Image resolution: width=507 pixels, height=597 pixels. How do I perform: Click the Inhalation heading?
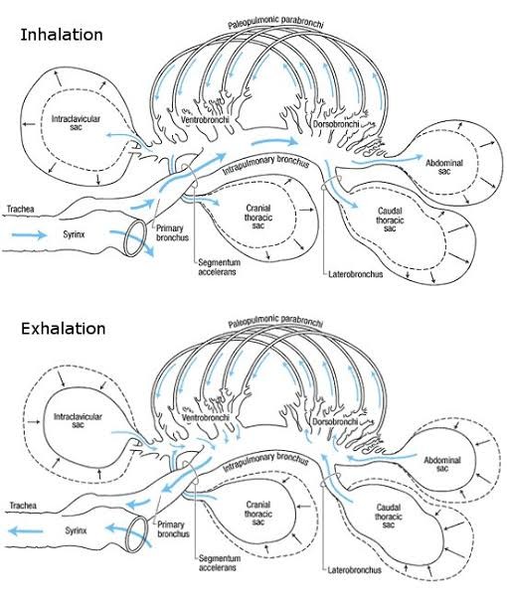coord(62,35)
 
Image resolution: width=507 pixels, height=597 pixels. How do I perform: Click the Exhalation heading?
coord(63,328)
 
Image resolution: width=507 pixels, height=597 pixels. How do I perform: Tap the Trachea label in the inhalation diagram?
coord(21,209)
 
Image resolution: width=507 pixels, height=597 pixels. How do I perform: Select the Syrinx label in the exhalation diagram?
coord(76,530)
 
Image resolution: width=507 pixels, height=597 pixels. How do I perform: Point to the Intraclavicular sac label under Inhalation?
coord(76,122)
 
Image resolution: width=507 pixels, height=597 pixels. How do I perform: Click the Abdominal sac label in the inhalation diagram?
coord(444,167)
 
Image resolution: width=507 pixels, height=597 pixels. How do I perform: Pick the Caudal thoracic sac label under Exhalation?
coord(389,516)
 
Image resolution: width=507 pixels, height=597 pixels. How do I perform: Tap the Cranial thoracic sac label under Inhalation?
coord(258,217)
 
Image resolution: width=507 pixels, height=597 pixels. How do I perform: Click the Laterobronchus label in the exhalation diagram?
coord(354,570)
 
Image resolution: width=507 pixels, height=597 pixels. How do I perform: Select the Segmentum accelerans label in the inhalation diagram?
coord(219,267)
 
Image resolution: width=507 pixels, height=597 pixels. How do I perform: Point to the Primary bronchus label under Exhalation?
coord(173,528)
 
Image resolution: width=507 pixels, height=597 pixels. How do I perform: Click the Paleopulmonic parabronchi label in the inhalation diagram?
coord(275,22)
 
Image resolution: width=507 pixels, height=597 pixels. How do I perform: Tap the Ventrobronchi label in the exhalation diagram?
coord(206,417)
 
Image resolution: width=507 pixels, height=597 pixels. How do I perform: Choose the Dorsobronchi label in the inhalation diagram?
coord(336,124)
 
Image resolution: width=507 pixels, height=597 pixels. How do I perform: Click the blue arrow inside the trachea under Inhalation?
coord(29,234)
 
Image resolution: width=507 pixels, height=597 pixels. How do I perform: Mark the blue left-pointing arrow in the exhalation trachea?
coord(26,531)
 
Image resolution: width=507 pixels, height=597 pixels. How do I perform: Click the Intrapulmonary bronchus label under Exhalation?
coord(265,462)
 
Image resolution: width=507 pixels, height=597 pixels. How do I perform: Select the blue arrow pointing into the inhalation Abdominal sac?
coord(387,160)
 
